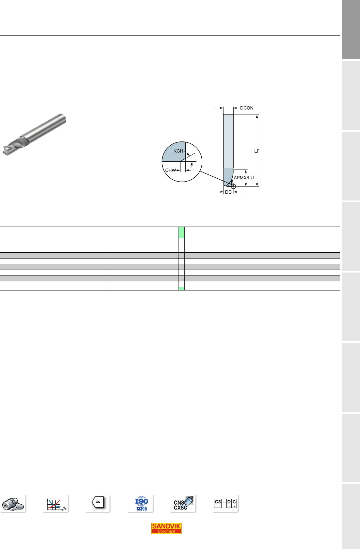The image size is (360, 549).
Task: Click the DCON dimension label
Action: [247, 108]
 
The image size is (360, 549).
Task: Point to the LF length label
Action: [257, 151]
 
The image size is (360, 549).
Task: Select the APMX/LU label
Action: [244, 178]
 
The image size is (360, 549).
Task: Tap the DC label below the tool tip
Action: [228, 192]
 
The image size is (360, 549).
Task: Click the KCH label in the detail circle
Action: [178, 151]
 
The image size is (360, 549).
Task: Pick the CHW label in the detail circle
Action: [170, 170]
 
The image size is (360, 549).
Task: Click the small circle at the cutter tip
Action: [233, 186]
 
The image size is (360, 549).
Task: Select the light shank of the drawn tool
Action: [228, 141]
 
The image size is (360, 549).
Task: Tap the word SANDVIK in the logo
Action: [166, 526]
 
